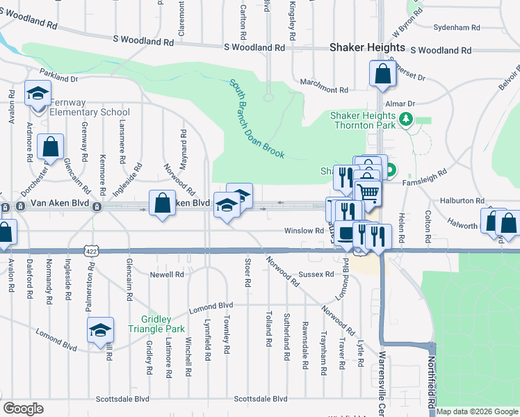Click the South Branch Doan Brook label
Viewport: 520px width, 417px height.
(x=257, y=118)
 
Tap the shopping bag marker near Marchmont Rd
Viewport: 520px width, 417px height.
(x=383, y=73)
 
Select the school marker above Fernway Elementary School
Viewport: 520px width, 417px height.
(x=38, y=92)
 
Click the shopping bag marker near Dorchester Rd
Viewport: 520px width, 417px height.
(x=51, y=147)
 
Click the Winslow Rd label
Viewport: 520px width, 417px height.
(x=304, y=231)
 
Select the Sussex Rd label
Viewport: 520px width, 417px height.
(x=318, y=275)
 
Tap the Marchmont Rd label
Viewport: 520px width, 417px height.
(x=323, y=90)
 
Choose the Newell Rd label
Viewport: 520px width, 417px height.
(x=167, y=275)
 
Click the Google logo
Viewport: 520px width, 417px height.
(x=23, y=409)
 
